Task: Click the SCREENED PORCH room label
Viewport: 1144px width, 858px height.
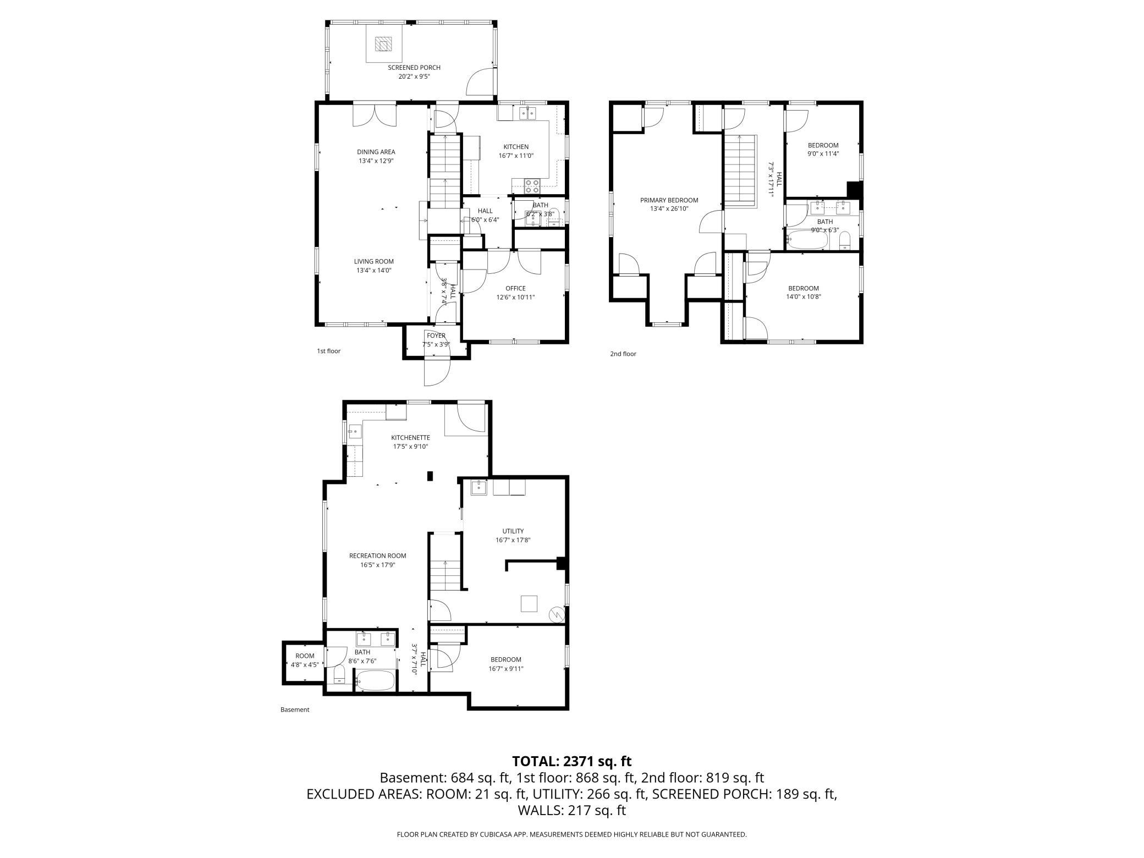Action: [x=414, y=68]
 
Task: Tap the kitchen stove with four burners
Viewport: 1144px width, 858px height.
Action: [x=532, y=186]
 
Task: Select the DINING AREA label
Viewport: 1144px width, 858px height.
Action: [x=376, y=152]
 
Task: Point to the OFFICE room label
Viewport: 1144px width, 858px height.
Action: [x=515, y=288]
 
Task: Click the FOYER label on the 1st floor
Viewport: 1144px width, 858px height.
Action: [x=436, y=335]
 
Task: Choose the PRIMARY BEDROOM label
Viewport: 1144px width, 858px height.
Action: [x=669, y=200]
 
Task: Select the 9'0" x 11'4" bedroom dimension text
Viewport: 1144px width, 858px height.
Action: [x=823, y=154]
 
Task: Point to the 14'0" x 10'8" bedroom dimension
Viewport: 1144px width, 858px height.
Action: [x=804, y=297]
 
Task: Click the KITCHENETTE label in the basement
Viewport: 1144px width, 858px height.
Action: [x=411, y=438]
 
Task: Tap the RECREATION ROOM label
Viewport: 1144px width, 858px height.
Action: [x=378, y=556]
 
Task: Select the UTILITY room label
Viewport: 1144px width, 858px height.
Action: [x=513, y=531]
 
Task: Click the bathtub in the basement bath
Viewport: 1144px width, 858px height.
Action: [x=375, y=680]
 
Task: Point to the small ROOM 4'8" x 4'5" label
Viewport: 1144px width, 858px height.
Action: [x=305, y=660]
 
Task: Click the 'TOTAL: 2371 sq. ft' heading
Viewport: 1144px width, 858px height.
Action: [x=572, y=761]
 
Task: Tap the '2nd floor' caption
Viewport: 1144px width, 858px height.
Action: [x=623, y=354]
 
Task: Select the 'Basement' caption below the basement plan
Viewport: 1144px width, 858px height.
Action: [x=295, y=710]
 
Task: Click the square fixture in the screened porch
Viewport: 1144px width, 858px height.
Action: [x=382, y=43]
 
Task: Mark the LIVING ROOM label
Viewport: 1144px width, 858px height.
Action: [x=374, y=262]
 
